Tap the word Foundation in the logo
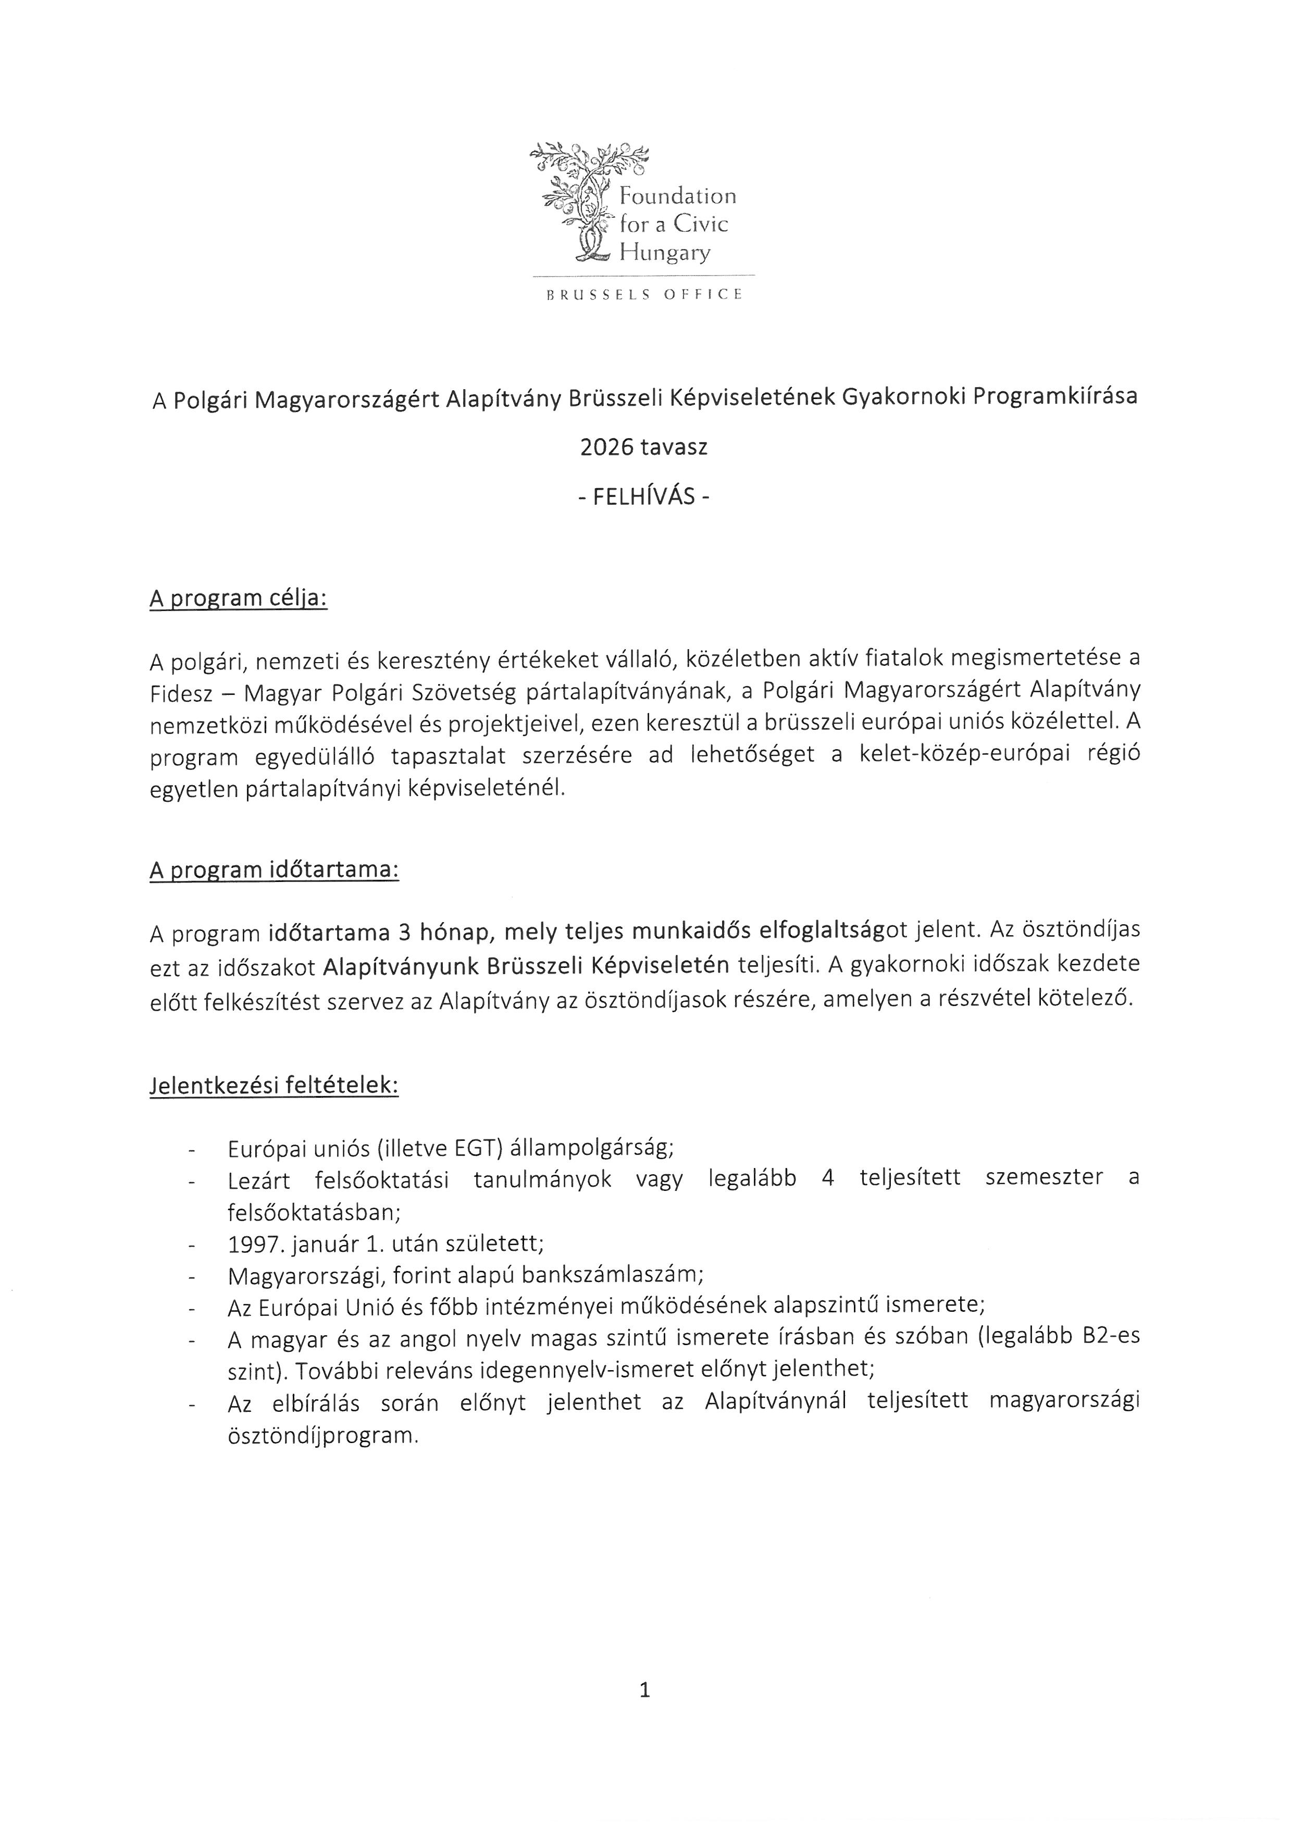tap(678, 196)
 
